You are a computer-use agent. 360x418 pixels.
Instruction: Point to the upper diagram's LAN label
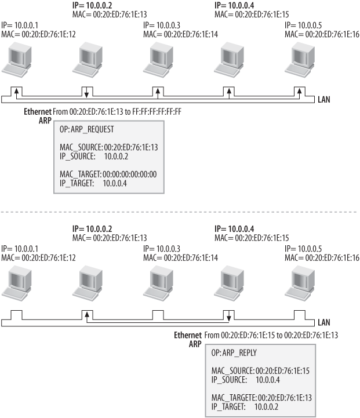325,99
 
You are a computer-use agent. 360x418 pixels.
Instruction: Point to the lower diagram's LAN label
325,322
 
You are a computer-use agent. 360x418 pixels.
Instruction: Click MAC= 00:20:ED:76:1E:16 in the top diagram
322,34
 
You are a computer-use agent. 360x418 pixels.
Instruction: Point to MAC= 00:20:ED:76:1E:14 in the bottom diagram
180,257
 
